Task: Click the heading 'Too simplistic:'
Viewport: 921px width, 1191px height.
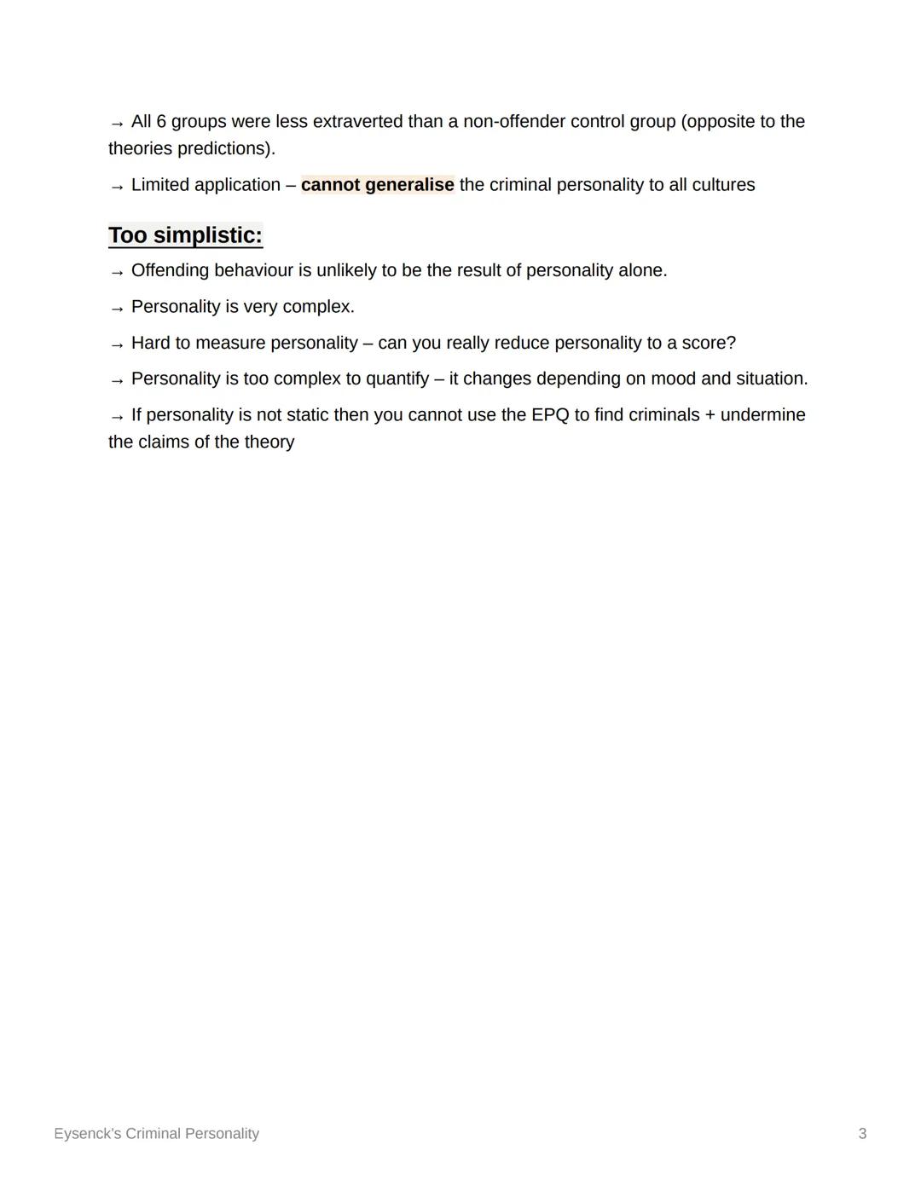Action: coord(185,235)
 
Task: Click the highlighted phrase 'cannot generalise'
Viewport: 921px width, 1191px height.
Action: coord(377,185)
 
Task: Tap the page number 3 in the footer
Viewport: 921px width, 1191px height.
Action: coord(862,1134)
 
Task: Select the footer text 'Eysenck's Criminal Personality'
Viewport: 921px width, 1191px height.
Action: coord(156,1134)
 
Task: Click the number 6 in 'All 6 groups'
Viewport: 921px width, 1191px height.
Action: coord(161,122)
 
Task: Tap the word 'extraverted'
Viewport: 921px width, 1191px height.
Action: coord(357,122)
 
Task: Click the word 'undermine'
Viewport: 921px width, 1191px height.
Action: coord(762,415)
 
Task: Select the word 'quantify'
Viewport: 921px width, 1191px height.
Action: coord(397,379)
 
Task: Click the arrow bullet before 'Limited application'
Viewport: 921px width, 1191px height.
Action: coord(117,187)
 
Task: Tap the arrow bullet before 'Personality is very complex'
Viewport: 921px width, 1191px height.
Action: coord(117,309)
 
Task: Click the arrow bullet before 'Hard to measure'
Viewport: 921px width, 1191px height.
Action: coord(117,345)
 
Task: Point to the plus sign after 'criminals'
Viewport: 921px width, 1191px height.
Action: coord(710,416)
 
